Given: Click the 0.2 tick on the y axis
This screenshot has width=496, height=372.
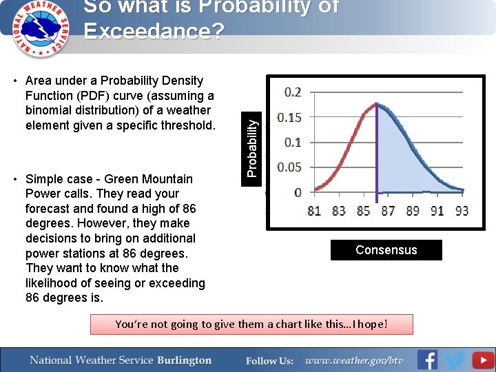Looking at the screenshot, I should tap(292, 92).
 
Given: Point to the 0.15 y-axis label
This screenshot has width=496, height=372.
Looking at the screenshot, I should tap(289, 117).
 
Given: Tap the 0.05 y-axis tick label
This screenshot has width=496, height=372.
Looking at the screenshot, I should tap(289, 167).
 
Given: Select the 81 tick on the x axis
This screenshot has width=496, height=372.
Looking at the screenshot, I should tap(314, 211).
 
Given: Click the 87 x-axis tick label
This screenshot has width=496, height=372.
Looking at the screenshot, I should tap(388, 211).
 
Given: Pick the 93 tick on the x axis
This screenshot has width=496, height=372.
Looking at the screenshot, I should tap(462, 211).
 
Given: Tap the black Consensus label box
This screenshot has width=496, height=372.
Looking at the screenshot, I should tap(386, 250).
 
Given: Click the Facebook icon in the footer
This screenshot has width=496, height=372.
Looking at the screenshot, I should tap(427, 360).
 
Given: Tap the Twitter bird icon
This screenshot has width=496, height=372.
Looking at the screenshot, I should tap(454, 360).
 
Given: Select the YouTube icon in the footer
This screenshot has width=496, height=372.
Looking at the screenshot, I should tap(482, 360).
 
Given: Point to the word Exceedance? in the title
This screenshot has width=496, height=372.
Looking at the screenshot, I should tap(154, 32).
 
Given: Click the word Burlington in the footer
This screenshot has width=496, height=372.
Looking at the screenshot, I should tap(184, 360).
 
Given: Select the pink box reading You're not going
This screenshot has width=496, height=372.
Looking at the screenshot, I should tap(251, 324).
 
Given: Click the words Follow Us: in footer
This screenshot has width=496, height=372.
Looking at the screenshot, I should tap(270, 361).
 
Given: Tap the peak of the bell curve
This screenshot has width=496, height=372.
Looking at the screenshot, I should tap(376, 104).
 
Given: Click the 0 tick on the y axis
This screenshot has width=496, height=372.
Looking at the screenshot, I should tap(298, 192).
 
